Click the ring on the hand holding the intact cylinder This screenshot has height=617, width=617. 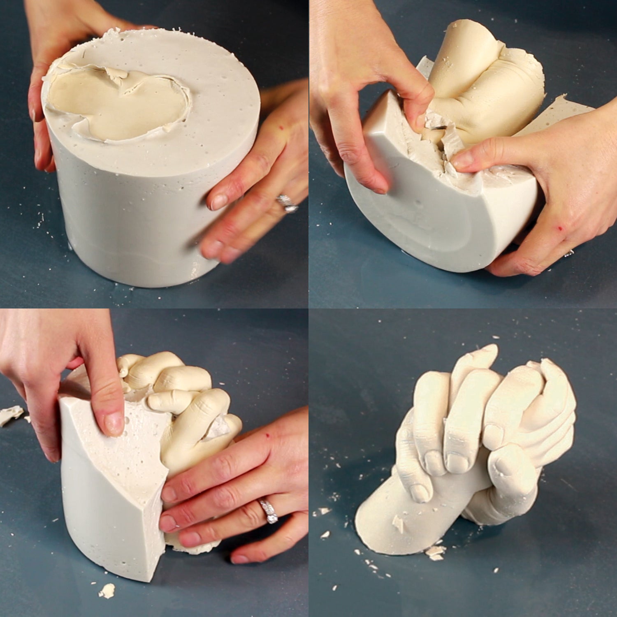288,203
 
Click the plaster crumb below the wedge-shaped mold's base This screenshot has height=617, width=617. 107,591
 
